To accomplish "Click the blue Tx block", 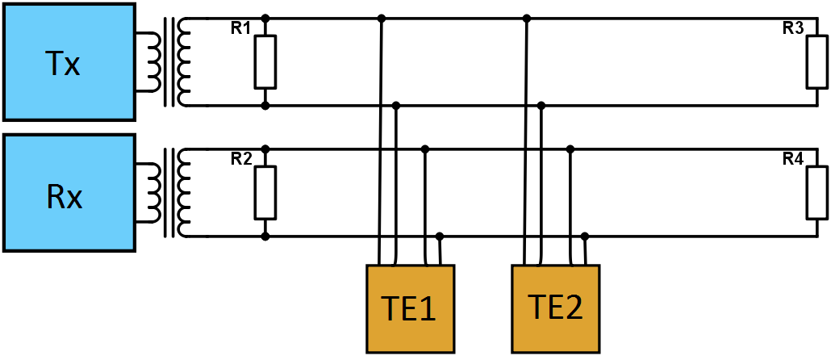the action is tap(68, 61).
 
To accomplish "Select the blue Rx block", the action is tap(68, 193).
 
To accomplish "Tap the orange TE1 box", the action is tap(410, 309).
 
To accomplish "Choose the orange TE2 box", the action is tap(555, 309).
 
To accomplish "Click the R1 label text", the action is tap(240, 29).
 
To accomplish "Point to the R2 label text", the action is tap(240, 159).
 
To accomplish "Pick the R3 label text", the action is tap(793, 29).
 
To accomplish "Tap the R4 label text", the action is tap(793, 159).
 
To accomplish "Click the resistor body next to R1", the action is tap(265, 62).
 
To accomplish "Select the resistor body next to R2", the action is tap(265, 192).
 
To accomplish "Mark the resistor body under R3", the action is tap(817, 62).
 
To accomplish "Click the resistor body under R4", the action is tap(817, 192).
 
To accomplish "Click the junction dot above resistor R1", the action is tap(265, 19).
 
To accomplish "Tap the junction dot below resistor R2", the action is tap(265, 237).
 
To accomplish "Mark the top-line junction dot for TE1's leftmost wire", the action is tap(382, 19).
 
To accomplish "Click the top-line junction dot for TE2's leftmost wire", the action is tap(527, 19).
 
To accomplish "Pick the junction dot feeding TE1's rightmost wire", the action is tap(440, 236).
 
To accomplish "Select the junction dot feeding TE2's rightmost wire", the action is tap(585, 236).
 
